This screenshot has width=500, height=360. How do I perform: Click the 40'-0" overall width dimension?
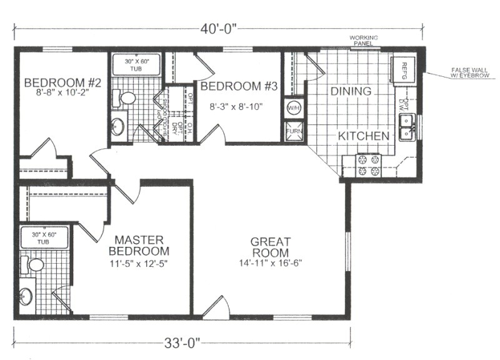[219, 29]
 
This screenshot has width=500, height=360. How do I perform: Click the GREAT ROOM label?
[270, 247]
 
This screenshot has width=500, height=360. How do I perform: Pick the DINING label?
[351, 91]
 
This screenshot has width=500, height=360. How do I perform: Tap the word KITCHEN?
[364, 136]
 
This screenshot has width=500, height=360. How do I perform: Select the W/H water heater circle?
[294, 107]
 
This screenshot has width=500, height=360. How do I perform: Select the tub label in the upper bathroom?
[136, 65]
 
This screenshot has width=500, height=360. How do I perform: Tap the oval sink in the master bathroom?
[26, 296]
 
